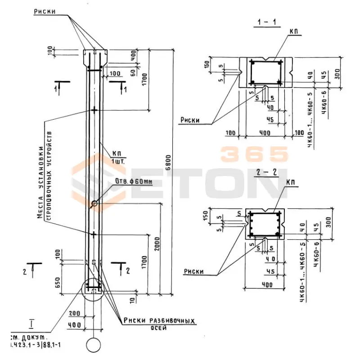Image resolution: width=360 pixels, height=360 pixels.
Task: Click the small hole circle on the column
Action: coord(94,204)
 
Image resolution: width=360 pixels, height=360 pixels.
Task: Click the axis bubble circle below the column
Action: coord(94,346)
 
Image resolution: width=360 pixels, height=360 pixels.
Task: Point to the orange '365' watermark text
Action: coord(254,154)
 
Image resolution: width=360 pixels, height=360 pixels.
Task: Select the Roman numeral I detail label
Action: coord(32,323)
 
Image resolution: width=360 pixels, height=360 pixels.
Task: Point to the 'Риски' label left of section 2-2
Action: coord(193,271)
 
